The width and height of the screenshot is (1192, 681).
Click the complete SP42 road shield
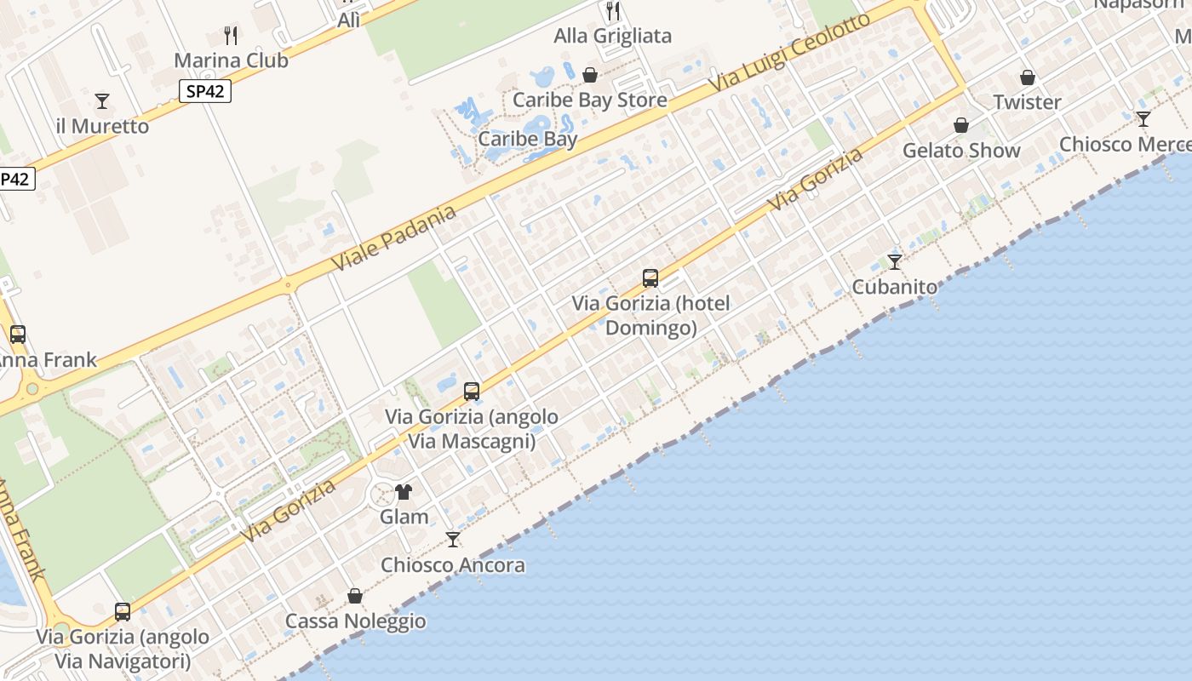pyautogui.click(x=206, y=91)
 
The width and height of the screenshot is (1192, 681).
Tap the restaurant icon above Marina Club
pyautogui.click(x=231, y=35)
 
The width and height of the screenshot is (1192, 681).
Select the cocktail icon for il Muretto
pyautogui.click(x=102, y=101)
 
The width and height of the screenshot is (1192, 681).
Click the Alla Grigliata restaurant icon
pyautogui.click(x=613, y=11)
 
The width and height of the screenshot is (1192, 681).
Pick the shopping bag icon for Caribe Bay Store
pyautogui.click(x=590, y=76)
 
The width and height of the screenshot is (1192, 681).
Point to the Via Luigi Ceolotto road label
pyautogui.click(x=791, y=53)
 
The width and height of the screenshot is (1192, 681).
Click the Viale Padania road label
pyautogui.click(x=393, y=238)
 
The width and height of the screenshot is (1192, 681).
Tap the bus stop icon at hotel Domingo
pyautogui.click(x=650, y=278)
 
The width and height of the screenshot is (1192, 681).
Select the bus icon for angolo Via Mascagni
pyautogui.click(x=472, y=392)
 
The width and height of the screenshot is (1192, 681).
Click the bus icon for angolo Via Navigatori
pyautogui.click(x=123, y=612)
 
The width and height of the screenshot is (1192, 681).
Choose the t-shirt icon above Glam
pyautogui.click(x=404, y=492)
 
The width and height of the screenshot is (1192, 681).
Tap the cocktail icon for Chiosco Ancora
pyautogui.click(x=453, y=540)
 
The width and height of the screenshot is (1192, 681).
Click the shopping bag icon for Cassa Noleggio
pyautogui.click(x=355, y=596)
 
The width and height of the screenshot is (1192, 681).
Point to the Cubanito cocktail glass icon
pyautogui.click(x=895, y=261)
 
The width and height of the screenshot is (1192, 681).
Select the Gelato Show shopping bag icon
pyautogui.click(x=961, y=126)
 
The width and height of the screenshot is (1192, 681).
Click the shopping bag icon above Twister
pyautogui.click(x=1028, y=77)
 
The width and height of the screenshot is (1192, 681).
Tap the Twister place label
pyautogui.click(x=1028, y=102)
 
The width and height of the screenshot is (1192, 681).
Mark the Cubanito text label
pyautogui.click(x=895, y=287)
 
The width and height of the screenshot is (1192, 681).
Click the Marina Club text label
pyautogui.click(x=231, y=60)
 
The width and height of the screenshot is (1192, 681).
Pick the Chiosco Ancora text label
pyautogui.click(x=453, y=565)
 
